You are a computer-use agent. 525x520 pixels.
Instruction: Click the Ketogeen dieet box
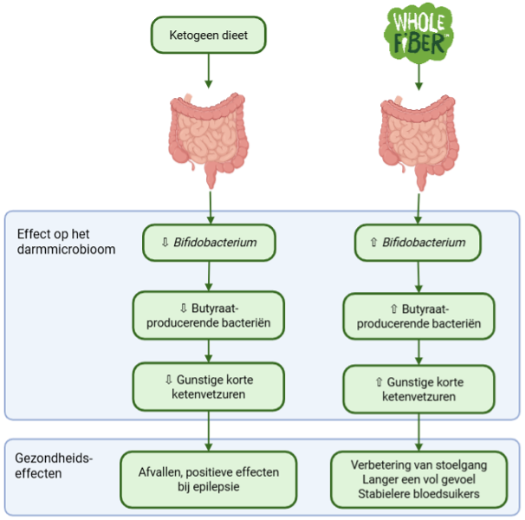pos(208,36)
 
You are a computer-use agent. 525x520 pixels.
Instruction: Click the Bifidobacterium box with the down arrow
pos(209,243)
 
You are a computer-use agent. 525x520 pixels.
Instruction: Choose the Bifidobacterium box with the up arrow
pos(418,243)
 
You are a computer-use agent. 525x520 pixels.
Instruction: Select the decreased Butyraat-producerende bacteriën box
pos(209,315)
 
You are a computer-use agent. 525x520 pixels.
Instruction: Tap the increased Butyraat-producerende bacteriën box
pos(418,316)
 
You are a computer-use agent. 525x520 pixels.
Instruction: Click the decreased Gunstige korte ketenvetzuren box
pos(209,387)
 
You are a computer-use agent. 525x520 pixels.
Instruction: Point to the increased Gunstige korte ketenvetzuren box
pos(418,388)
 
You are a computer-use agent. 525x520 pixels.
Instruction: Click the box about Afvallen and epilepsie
pos(209,479)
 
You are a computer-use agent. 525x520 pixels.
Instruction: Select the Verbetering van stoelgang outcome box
pos(418,479)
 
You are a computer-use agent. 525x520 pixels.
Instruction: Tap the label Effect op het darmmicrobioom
pos(61,243)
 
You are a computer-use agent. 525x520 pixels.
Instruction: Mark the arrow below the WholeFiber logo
pos(419,78)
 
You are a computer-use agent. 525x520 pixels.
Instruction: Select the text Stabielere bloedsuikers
pos(418,495)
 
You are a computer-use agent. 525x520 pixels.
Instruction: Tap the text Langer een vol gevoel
pos(418,480)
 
